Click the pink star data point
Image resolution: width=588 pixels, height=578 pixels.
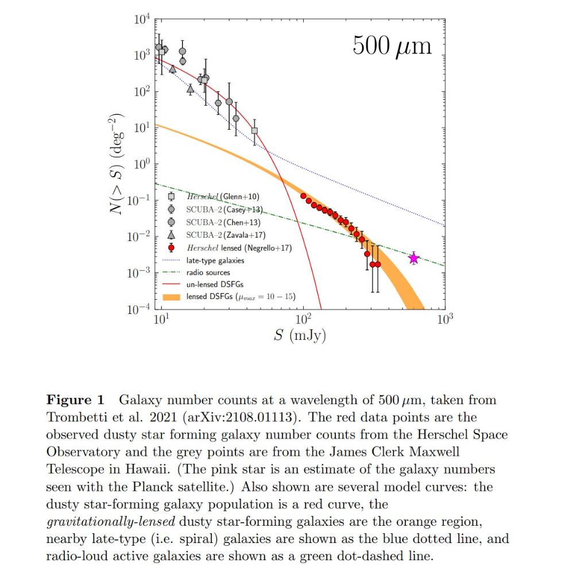tap(413, 259)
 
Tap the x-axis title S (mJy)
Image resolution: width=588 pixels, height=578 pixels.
tap(299, 335)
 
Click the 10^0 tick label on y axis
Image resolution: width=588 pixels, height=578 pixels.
tap(141, 165)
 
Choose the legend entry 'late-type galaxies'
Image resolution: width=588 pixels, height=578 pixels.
tap(215, 261)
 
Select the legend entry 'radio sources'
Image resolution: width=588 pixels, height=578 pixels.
tap(208, 273)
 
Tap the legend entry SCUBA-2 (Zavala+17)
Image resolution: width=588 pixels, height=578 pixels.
tap(226, 235)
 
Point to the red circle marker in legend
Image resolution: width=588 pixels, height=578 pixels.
tap(171, 248)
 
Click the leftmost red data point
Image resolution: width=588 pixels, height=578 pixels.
tap(303, 196)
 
